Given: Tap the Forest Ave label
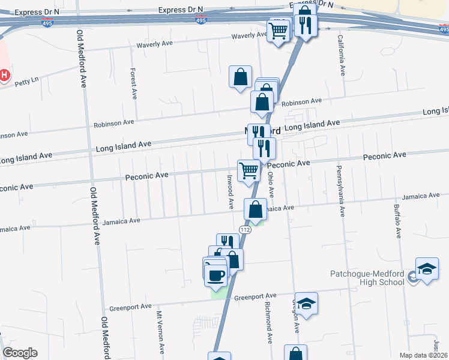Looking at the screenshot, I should [x=134, y=83].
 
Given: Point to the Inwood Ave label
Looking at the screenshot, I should [x=230, y=191].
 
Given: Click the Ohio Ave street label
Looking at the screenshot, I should [x=271, y=184].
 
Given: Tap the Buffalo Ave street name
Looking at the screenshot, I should [x=397, y=221].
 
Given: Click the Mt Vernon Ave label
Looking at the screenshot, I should [x=160, y=332].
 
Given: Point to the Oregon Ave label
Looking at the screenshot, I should [x=295, y=316].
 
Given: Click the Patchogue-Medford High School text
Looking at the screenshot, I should [x=367, y=278].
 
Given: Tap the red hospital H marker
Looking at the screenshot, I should [x=5, y=75].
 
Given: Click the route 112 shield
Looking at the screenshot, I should [x=245, y=230].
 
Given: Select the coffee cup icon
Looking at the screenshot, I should [x=215, y=275].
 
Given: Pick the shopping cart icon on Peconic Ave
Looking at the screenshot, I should [x=249, y=170].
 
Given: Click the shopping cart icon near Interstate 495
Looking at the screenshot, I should [x=278, y=30].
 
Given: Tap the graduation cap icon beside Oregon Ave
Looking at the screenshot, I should [x=306, y=303].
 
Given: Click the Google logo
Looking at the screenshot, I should [x=20, y=353].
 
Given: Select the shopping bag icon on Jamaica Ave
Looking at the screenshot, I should [x=256, y=210].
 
